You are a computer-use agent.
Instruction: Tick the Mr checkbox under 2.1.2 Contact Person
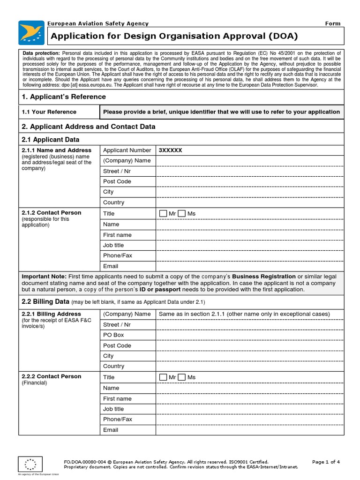163,214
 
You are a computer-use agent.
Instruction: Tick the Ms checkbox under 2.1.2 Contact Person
182,214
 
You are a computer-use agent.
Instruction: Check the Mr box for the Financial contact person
163,377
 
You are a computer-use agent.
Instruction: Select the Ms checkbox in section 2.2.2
182,377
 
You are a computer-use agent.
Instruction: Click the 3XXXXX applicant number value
171,150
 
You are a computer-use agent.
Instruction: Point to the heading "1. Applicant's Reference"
64,97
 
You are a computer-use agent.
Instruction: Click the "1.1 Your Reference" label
49,112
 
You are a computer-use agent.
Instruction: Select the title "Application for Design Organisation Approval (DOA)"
174,36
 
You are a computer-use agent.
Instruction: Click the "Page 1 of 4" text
326,462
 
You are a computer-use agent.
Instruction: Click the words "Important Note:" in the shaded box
44,277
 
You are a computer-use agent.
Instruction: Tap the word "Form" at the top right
333,23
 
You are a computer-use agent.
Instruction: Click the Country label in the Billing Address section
113,366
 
